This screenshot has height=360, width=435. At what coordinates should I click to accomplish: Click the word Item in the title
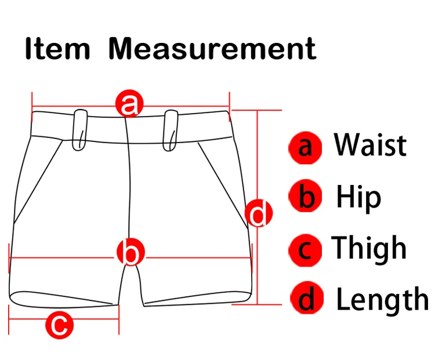click(x=57, y=49)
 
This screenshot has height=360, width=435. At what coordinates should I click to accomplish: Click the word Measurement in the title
click(x=212, y=49)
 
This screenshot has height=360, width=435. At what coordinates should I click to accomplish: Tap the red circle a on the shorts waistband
click(x=130, y=104)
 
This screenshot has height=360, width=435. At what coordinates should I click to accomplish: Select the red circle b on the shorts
click(x=130, y=253)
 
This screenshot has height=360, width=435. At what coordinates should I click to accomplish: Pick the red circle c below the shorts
click(x=60, y=325)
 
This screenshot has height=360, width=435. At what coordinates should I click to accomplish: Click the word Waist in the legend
click(x=370, y=145)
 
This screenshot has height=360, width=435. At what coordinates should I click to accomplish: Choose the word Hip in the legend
click(x=358, y=197)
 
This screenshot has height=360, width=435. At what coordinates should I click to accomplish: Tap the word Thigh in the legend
click(x=369, y=249)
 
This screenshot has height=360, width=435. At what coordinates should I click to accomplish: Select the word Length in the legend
click(x=382, y=300)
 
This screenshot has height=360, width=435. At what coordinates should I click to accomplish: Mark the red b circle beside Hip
click(x=306, y=198)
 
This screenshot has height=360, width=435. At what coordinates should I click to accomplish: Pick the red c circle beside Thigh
click(x=306, y=250)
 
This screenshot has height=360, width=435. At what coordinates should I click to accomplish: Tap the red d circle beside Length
click(x=306, y=300)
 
